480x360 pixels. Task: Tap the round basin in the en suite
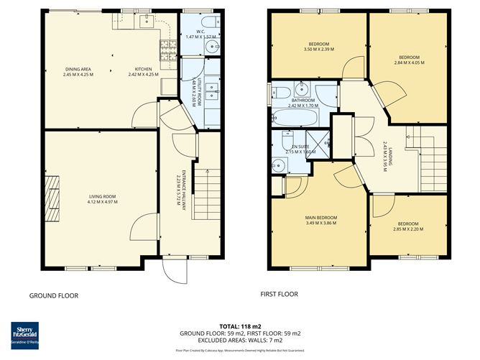coord(281,165)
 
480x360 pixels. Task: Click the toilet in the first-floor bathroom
coord(282,91)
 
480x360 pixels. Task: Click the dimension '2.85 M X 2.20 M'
coord(407,230)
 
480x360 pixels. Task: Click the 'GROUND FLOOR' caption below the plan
coord(53,295)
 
